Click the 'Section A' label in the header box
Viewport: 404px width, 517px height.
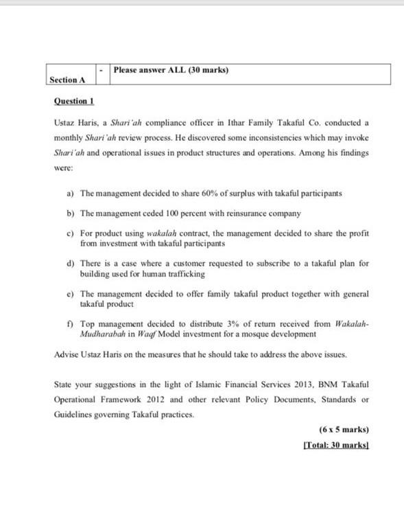68,80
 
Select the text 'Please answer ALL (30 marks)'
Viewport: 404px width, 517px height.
170,70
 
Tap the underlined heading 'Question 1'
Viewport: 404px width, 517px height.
73,101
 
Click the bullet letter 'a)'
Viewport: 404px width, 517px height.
71,194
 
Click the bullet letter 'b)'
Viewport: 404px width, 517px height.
71,214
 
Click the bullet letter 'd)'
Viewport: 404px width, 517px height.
71,263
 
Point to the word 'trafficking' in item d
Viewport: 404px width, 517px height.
186,273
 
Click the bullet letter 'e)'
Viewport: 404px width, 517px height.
71,293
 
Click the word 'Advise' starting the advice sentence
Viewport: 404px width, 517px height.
65,354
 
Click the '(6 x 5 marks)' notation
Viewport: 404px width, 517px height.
344,430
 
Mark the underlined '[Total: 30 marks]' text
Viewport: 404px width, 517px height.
335,446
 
